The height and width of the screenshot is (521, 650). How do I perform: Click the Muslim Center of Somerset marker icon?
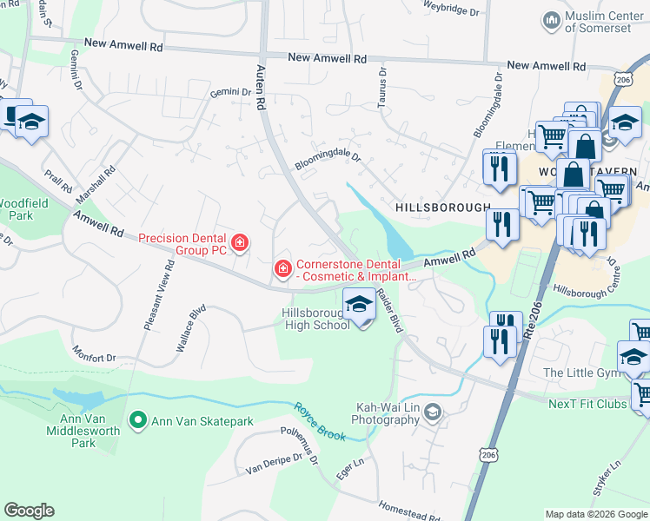(550, 20)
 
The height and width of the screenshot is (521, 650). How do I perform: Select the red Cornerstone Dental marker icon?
(282, 270)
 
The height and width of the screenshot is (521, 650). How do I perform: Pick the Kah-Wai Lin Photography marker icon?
(432, 411)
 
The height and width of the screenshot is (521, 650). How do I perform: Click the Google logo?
(30, 511)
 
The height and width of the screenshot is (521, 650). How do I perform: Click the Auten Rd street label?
(259, 87)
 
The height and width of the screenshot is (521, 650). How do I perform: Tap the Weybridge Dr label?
(451, 11)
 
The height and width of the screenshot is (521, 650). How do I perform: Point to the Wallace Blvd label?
(191, 327)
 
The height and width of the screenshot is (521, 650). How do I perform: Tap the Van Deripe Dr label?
(271, 465)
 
